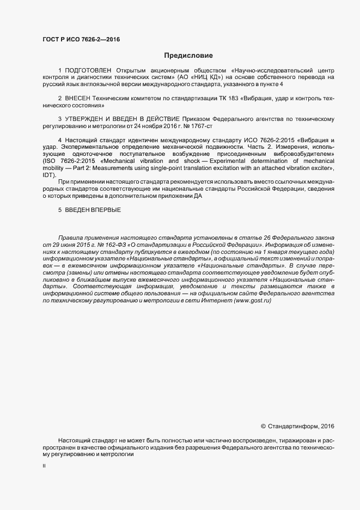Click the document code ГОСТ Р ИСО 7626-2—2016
point(81,39)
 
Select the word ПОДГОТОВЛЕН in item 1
point(88,71)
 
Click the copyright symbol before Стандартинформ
point(264,426)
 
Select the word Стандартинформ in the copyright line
point(291,426)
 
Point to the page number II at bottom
point(44,466)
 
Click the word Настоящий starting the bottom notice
point(74,440)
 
